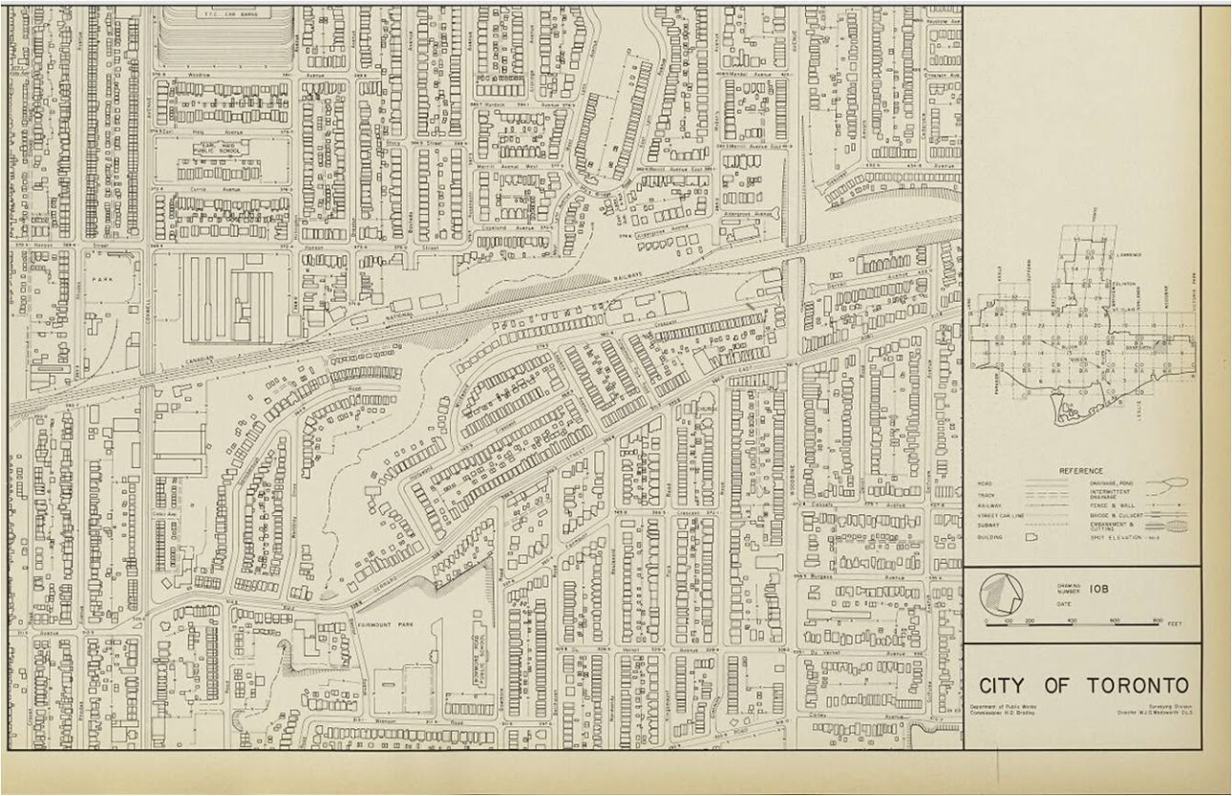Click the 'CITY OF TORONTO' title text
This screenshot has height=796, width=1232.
tap(1084, 686)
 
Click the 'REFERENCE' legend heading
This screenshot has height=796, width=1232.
tap(1080, 470)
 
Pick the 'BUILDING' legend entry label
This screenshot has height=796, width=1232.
tap(990, 538)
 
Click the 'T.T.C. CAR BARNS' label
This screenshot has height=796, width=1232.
tap(225, 12)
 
